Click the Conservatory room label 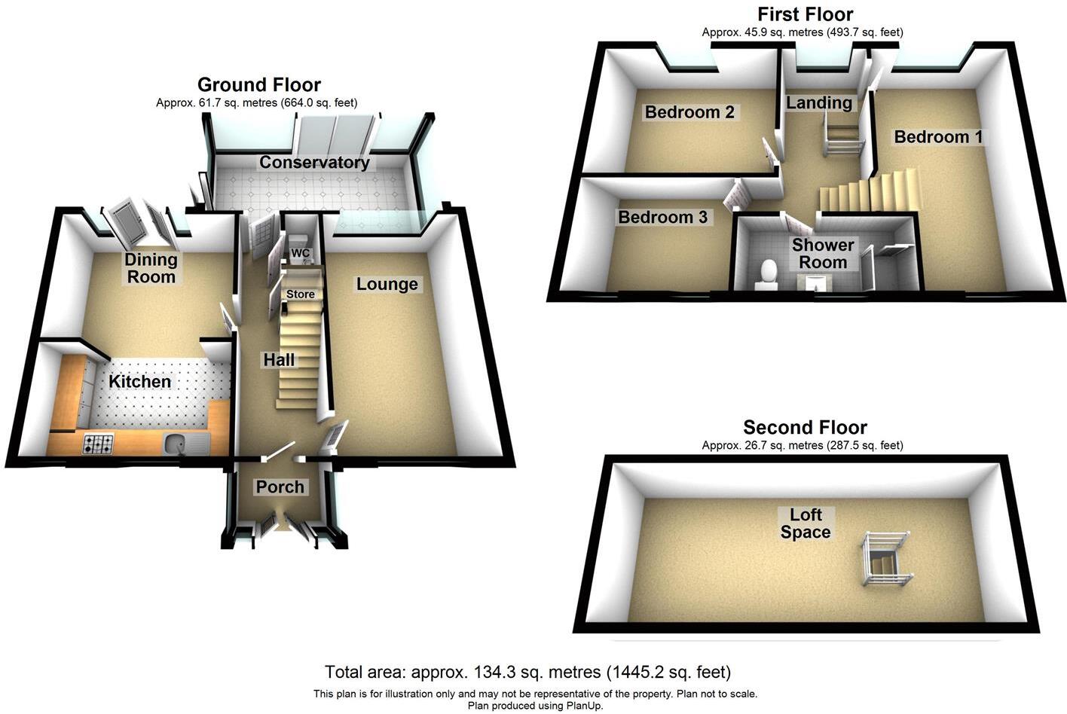click(x=314, y=163)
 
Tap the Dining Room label click(x=151, y=268)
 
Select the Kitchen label click(x=139, y=382)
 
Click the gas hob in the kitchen click(x=97, y=444)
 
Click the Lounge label click(x=387, y=284)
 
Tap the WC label click(x=301, y=252)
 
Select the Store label click(x=300, y=294)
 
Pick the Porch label click(x=280, y=487)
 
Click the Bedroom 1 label click(x=938, y=137)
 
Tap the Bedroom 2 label click(x=689, y=112)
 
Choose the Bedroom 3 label click(x=662, y=218)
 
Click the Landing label click(x=819, y=103)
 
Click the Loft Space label click(x=805, y=523)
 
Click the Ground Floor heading click(x=258, y=84)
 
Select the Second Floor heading click(x=805, y=428)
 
